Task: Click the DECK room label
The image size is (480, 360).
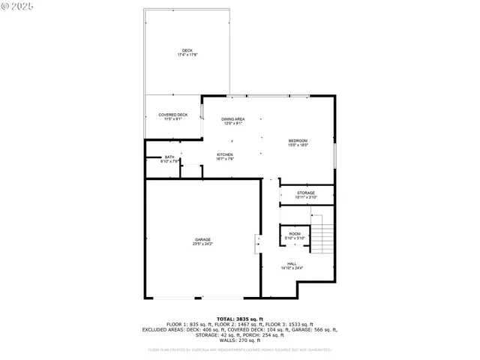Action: click(x=187, y=50)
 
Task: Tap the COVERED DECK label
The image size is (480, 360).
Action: click(x=172, y=115)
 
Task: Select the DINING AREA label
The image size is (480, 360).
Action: click(x=233, y=119)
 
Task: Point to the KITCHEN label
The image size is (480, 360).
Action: click(x=225, y=154)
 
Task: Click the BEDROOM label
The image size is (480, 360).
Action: click(x=298, y=140)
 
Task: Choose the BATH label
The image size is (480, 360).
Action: click(x=169, y=157)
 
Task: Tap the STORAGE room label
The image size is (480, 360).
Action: click(x=305, y=193)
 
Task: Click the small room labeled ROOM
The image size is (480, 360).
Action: click(x=295, y=233)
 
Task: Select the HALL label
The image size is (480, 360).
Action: click(x=292, y=263)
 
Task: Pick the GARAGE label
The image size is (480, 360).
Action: click(x=202, y=239)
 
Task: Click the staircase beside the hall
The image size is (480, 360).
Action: click(x=322, y=237)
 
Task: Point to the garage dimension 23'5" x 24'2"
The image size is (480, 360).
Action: click(x=202, y=244)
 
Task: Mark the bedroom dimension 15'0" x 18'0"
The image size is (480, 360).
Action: click(x=298, y=145)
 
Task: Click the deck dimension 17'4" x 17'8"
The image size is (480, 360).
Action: click(x=187, y=55)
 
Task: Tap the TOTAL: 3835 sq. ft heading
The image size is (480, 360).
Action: click(x=239, y=319)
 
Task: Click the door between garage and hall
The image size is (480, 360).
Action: click(x=258, y=243)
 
